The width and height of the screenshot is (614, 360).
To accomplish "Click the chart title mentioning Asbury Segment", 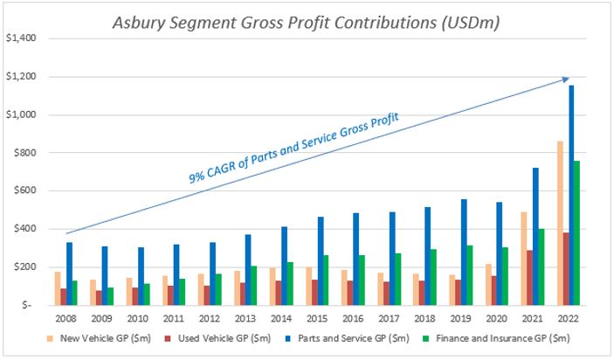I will coord(306,21).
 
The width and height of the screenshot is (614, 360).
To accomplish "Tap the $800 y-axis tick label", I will coord(28,153).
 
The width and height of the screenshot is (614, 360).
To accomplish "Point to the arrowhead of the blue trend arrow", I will coord(568,80).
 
